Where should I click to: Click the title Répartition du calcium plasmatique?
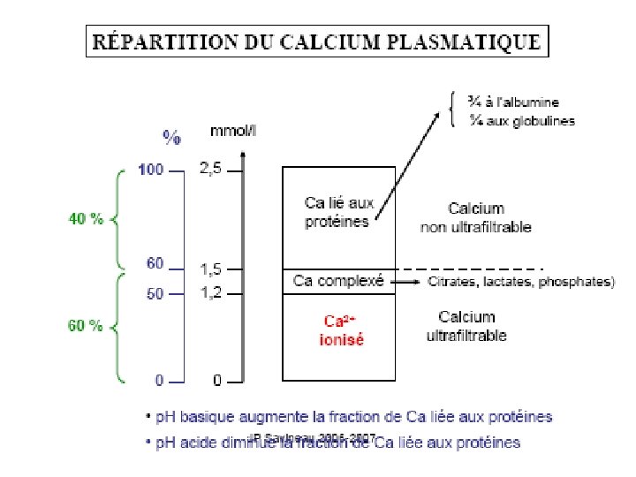pos(317,41)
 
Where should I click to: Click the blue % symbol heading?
pos(171,137)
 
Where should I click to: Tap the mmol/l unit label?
pos(233,132)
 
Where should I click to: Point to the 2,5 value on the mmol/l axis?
pos(211,169)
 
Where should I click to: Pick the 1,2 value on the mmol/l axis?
pos(210,292)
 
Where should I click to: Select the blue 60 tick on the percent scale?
pos(155,263)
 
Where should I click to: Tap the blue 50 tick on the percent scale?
pos(155,294)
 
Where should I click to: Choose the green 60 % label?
pos(87,326)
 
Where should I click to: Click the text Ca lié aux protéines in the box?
pos(339,212)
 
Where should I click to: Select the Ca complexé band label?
pos(338,282)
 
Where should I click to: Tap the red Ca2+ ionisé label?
pos(341,329)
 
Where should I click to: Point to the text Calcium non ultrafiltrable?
pos(476,217)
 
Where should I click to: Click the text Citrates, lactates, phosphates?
pos(521,283)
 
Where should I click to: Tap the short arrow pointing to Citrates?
pos(405,283)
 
